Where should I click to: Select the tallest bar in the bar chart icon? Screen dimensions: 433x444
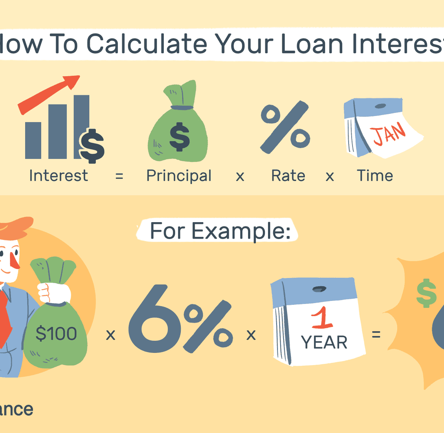81,126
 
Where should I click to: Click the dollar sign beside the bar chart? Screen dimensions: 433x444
92,145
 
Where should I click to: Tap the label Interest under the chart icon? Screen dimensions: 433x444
59,176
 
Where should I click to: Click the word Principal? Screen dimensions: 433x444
179,176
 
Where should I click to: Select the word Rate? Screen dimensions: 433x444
288,176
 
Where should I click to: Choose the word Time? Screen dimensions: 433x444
375,176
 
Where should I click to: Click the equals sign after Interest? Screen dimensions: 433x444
119,176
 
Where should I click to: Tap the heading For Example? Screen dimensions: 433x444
219,232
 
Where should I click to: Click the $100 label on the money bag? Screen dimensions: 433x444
56,334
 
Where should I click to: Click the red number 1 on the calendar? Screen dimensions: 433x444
322,320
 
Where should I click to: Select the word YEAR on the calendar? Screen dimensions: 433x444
324,343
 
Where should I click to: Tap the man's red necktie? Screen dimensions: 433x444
5,316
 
